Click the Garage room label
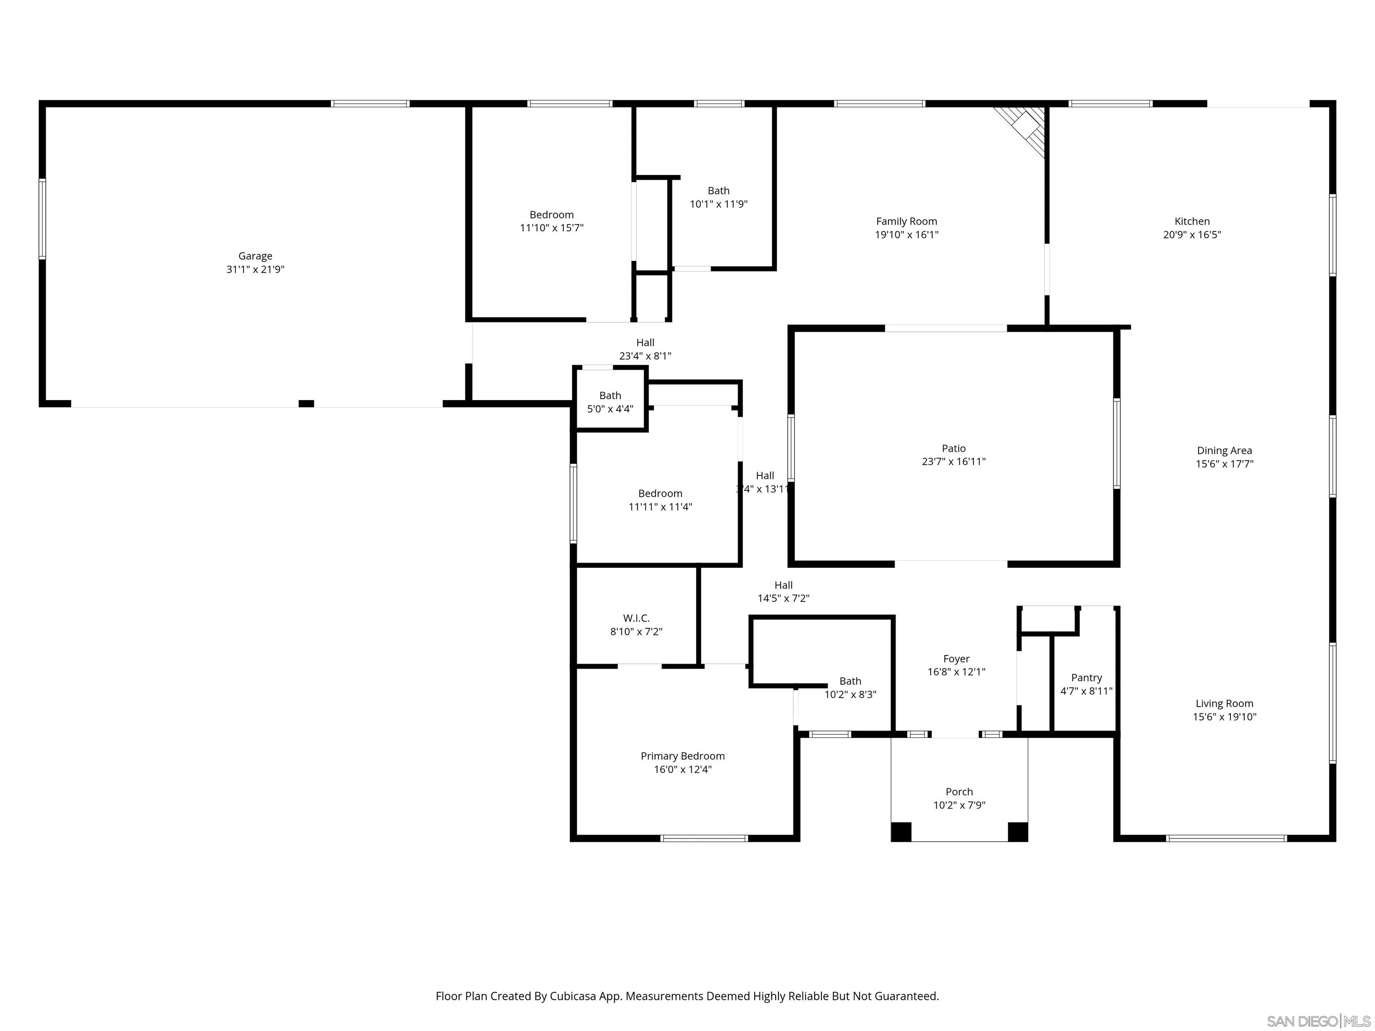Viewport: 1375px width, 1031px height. click(255, 256)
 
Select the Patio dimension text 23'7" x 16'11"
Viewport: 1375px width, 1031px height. click(953, 462)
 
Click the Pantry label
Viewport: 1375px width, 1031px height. click(1086, 678)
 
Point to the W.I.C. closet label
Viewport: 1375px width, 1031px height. click(636, 618)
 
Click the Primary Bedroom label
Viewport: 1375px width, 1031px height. click(682, 756)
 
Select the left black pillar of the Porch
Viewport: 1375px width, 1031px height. click(901, 831)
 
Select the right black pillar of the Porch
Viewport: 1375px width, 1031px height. click(1017, 831)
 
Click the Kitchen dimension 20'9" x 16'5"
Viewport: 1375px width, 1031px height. click(1191, 235)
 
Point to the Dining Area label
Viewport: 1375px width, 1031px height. click(1224, 451)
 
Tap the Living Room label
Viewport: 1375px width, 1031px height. click(1224, 704)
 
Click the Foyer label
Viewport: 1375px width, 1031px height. click(956, 659)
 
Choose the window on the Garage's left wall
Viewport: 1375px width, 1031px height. click(42, 219)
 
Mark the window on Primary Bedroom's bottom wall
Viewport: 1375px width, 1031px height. click(704, 838)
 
